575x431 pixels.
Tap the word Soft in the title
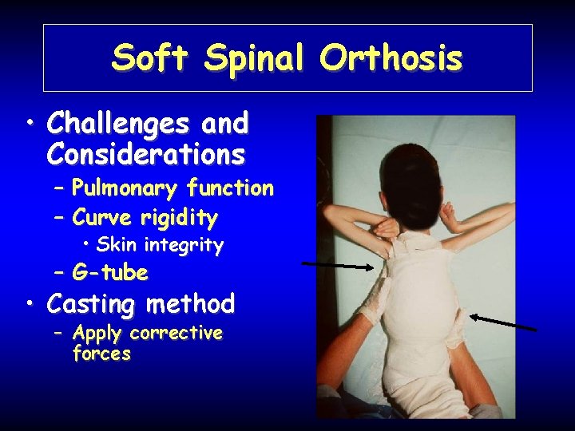[x=150, y=58]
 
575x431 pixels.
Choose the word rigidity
[x=180, y=217]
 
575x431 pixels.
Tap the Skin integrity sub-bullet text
[x=160, y=245]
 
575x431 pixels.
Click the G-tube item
[x=110, y=273]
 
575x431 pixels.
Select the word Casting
[x=94, y=304]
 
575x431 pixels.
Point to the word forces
[x=101, y=354]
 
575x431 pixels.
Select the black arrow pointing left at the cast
[x=503, y=322]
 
